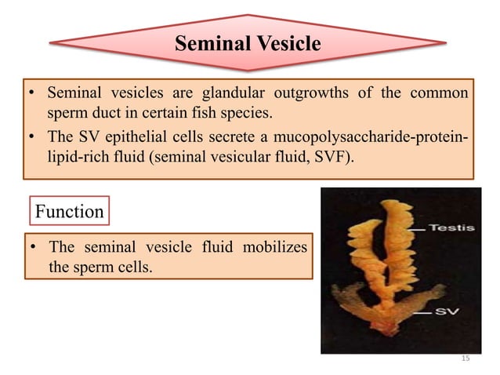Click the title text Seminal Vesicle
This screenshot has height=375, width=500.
coord(247,43)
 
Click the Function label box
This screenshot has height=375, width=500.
coord(69,211)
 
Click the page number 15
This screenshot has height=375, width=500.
coord(464,358)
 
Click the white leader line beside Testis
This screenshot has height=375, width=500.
coord(416,228)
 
